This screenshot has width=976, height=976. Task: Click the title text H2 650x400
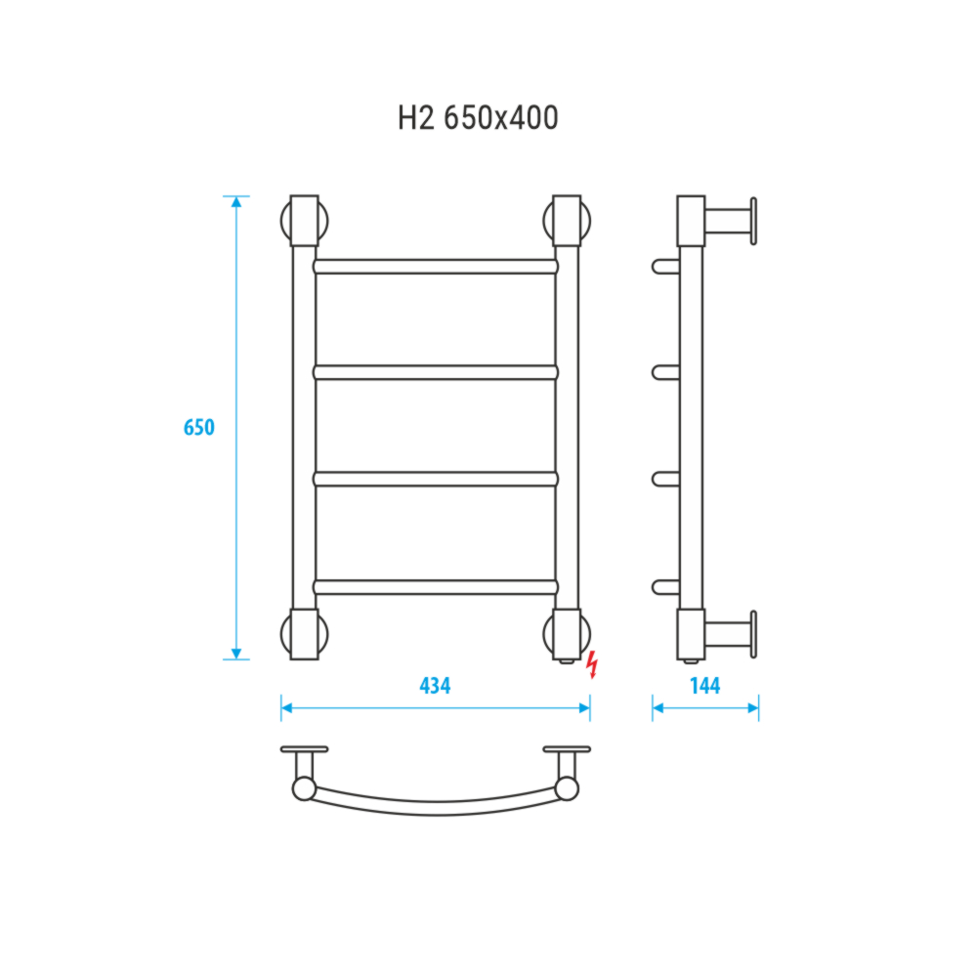[x=478, y=117]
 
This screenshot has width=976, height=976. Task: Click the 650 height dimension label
[x=198, y=428]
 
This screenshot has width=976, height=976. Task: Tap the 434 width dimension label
[x=435, y=686]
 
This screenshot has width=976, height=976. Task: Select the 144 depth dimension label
[x=705, y=686]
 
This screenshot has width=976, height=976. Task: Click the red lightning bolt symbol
[x=593, y=664]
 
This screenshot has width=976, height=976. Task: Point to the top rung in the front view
[x=436, y=267]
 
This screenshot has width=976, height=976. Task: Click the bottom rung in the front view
[x=436, y=587]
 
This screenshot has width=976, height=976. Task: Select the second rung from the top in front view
[x=436, y=373]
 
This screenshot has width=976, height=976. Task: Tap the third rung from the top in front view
[x=436, y=480]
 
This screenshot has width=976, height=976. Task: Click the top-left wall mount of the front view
[x=305, y=221]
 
